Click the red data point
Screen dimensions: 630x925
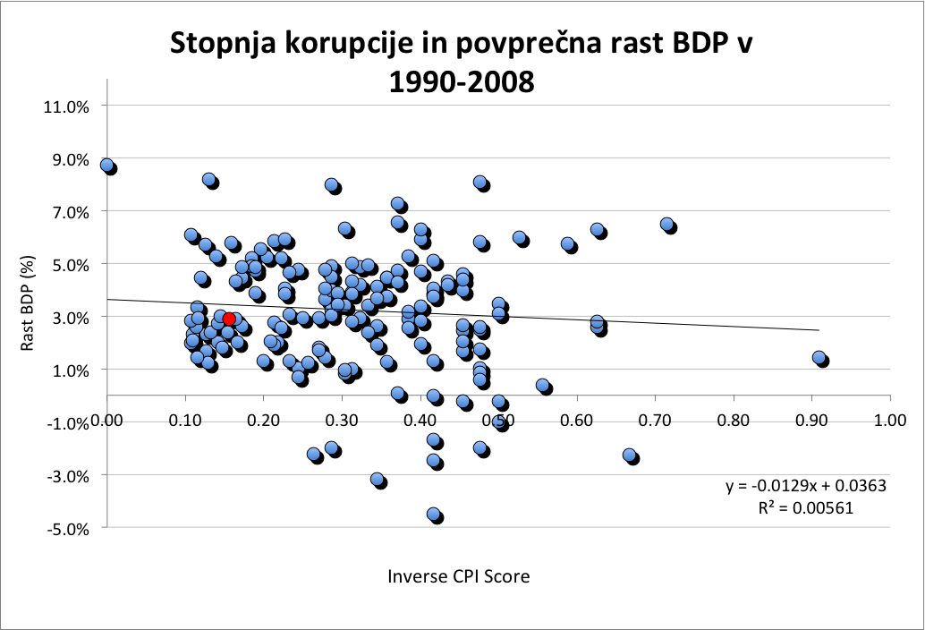pos(229,319)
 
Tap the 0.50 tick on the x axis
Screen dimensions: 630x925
pos(498,420)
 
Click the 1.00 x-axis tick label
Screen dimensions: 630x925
pos(889,420)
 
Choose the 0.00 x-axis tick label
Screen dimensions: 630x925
pos(106,420)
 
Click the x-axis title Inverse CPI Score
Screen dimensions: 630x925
pos(459,576)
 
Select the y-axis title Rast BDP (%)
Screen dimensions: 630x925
pos(28,316)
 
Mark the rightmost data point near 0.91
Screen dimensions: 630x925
pos(819,358)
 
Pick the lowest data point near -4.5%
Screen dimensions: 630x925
pos(435,515)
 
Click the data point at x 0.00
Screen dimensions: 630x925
pos(107,166)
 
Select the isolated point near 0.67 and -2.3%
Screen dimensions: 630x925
pos(631,455)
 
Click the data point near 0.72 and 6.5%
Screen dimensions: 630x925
pos(667,225)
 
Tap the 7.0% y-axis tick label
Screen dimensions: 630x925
pos(68,211)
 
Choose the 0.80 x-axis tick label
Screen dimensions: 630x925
pos(733,420)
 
